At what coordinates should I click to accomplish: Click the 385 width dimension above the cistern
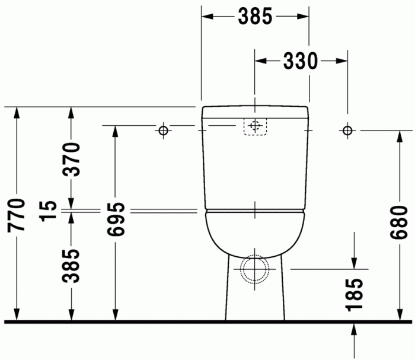(x=255, y=17)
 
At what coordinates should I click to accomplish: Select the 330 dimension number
(x=301, y=60)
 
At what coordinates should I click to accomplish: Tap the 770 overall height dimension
(x=18, y=215)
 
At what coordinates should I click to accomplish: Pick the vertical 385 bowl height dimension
(x=72, y=266)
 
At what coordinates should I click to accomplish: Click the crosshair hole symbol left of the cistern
(x=164, y=130)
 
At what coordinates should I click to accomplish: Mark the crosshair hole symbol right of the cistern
(x=347, y=130)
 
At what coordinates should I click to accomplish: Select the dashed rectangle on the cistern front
(x=255, y=126)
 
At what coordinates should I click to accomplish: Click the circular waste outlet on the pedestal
(x=255, y=270)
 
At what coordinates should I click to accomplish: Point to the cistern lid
(x=255, y=111)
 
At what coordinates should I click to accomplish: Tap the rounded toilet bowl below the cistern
(x=255, y=234)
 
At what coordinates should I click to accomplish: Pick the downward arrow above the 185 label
(x=354, y=262)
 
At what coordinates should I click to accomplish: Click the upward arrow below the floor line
(x=354, y=330)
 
